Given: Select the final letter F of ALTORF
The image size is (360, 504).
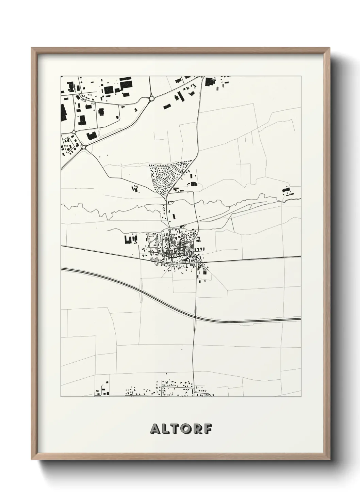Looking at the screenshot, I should click(x=208, y=429).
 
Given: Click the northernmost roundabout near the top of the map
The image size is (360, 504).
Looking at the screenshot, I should click(x=151, y=98).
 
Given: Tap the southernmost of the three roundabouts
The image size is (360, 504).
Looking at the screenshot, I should click(x=83, y=147).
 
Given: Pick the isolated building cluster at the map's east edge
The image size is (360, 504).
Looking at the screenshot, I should click(x=287, y=191).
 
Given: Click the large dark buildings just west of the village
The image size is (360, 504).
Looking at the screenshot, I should click(x=130, y=239).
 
